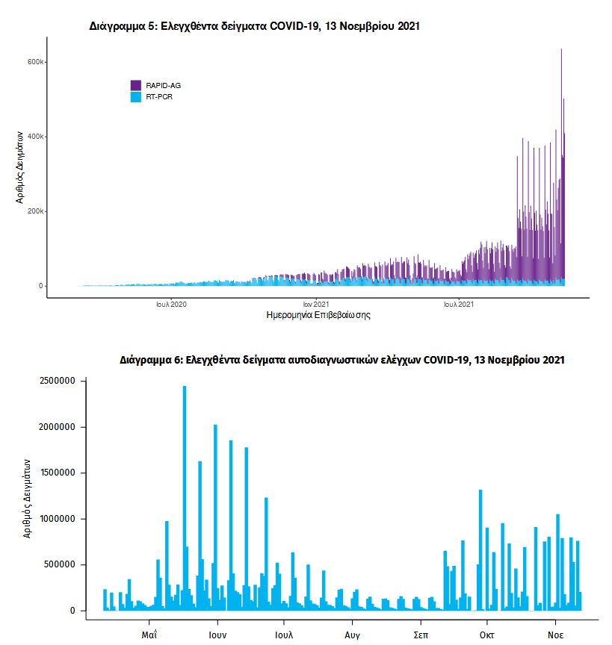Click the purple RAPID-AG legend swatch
click(135, 85)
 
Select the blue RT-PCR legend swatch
click(135, 97)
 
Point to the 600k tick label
click(36, 62)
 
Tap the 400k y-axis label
click(36, 137)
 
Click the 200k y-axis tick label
click(36, 211)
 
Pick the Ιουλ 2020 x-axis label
click(171, 305)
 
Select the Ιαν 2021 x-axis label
click(315, 305)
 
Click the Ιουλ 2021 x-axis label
click(458, 305)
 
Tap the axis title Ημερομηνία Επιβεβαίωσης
click(318, 316)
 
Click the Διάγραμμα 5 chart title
click(254, 26)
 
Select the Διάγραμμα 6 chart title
click(341, 360)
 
